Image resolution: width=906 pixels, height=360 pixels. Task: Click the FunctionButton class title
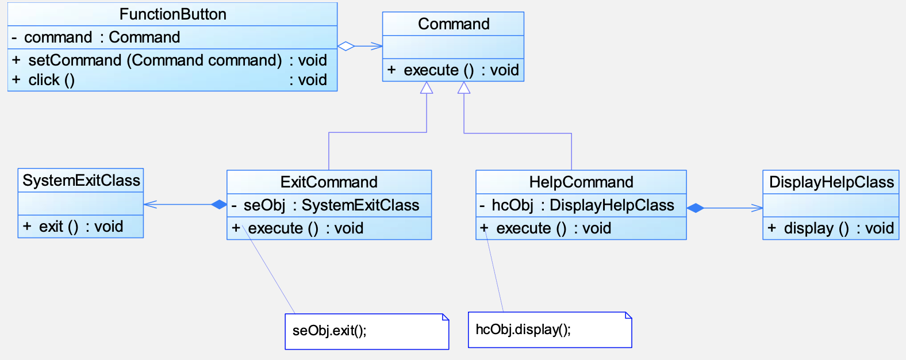point(172,14)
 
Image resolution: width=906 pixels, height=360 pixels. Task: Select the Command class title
point(454,24)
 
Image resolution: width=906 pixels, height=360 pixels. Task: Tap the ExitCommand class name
point(329,182)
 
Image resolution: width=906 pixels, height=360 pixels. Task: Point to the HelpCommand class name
point(581,182)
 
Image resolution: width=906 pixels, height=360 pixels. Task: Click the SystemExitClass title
point(81,181)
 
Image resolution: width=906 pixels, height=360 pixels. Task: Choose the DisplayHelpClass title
point(831,182)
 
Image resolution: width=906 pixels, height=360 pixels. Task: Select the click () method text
point(51,80)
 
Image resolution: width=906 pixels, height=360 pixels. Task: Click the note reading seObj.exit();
point(367,331)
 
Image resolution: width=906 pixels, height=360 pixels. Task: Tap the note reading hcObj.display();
point(550,330)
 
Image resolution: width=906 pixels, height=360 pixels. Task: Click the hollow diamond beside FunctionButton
point(346,46)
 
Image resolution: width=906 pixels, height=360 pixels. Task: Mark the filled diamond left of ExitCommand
point(219,204)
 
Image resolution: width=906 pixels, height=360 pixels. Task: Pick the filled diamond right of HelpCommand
point(695,208)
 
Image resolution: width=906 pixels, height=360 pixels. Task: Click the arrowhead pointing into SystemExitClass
point(150,204)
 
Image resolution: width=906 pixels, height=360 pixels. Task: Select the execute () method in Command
point(453,70)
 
